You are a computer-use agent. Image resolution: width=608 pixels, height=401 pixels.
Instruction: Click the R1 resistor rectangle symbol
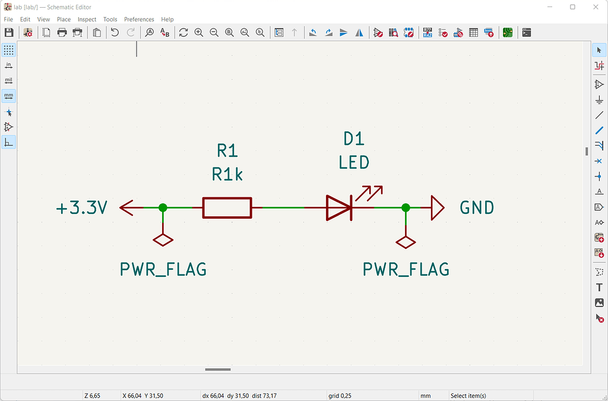[x=227, y=208]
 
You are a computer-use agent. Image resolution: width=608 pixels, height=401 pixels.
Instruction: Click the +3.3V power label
[x=82, y=208]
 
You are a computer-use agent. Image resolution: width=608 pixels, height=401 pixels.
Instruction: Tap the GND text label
[x=477, y=208]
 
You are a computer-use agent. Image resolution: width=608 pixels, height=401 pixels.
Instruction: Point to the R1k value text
[x=227, y=174]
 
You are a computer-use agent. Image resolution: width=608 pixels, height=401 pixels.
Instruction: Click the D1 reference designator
[x=354, y=139]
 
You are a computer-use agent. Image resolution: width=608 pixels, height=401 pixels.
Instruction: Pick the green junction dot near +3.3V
[x=163, y=208]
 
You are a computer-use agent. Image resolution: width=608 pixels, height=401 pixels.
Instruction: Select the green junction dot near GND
[x=406, y=208]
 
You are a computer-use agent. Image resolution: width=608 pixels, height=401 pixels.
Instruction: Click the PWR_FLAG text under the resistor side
[x=163, y=270]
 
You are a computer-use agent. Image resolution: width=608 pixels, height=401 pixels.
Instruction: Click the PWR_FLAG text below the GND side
[x=406, y=270]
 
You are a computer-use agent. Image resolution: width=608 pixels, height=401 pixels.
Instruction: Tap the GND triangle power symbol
[x=438, y=208]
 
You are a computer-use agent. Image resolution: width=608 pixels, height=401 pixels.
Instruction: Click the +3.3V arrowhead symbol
[x=126, y=208]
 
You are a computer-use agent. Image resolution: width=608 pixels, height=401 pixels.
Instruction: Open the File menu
[x=8, y=19]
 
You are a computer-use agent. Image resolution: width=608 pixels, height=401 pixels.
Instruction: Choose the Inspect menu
[x=87, y=19]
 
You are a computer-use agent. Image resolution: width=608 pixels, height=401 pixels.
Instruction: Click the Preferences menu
[x=139, y=19]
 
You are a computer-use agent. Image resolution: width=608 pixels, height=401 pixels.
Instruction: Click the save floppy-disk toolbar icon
[x=9, y=33]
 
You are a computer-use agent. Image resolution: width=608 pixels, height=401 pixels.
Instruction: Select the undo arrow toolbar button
[x=115, y=33]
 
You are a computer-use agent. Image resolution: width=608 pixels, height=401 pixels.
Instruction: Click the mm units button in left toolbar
[x=9, y=96]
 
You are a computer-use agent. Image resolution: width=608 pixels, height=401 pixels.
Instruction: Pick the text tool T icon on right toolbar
[x=599, y=288]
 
